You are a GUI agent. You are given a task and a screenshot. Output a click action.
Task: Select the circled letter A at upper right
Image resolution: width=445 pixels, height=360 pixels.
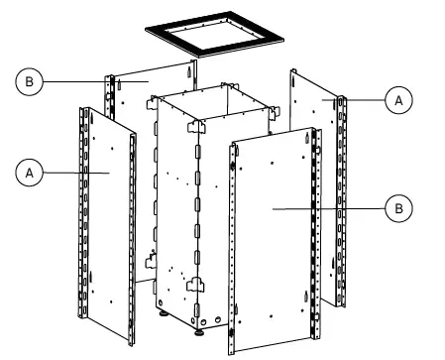click(397, 99)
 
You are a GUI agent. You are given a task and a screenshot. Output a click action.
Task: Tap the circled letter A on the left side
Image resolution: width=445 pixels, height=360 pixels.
click(30, 172)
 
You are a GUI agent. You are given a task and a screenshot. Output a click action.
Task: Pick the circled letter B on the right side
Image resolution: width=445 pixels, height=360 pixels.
click(397, 208)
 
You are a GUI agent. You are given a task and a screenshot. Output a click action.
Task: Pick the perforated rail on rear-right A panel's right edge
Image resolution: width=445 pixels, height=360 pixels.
click(342, 198)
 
